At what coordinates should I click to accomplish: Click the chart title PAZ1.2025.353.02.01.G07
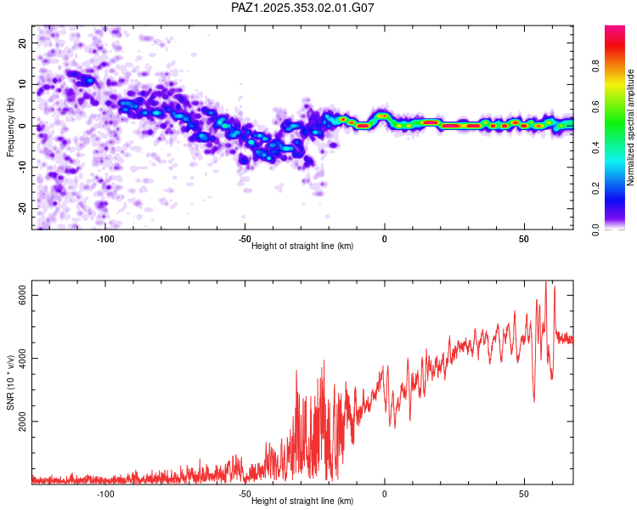click(x=302, y=8)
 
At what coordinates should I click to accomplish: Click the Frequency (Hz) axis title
click(x=10, y=127)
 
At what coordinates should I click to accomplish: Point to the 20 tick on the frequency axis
click(x=24, y=42)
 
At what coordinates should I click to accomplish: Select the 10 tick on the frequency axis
click(x=24, y=84)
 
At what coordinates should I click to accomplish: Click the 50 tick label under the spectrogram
click(x=524, y=239)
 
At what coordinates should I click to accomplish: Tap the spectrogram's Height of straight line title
click(x=302, y=246)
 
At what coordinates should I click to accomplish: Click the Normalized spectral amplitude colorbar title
click(x=630, y=127)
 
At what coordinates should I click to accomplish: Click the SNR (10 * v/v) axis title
click(x=10, y=382)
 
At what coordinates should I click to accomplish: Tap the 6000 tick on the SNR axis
click(x=24, y=295)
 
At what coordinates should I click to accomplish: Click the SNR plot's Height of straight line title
click(x=302, y=501)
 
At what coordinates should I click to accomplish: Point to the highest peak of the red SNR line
click(x=546, y=282)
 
